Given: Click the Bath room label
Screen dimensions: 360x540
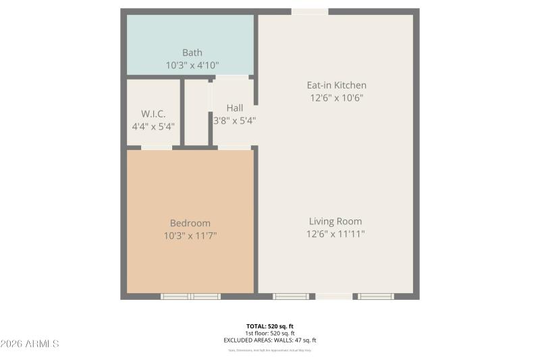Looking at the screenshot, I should [x=192, y=53].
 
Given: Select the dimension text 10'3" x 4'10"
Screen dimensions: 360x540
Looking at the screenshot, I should [x=192, y=66].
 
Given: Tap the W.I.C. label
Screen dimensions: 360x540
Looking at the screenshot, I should [x=153, y=113].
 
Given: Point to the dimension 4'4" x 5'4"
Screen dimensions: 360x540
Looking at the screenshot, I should [x=153, y=126].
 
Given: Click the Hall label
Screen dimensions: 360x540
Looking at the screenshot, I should [x=235, y=108].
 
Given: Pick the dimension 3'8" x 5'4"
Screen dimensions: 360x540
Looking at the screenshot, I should [x=235, y=121].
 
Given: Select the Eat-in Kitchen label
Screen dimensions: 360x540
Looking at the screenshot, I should [x=336, y=85].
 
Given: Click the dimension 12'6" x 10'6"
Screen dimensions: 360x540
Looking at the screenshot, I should [x=336, y=98].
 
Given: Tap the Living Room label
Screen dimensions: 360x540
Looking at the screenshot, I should [x=335, y=222].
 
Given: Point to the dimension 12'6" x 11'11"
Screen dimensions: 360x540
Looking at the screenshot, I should [x=335, y=234].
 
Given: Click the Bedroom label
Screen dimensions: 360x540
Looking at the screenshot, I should [x=190, y=223].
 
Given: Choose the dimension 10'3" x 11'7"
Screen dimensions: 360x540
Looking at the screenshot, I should [x=190, y=236].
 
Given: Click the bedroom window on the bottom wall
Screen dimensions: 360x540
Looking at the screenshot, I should [x=190, y=296].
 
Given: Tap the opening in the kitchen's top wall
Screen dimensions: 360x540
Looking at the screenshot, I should [x=310, y=11].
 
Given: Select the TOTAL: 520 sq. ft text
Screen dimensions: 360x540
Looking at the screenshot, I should [x=269, y=326].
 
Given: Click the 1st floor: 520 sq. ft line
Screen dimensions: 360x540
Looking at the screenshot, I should [x=269, y=334].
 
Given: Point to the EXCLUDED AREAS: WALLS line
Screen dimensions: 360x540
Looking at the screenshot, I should [x=269, y=340].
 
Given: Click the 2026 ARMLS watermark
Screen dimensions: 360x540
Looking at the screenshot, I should [x=30, y=344].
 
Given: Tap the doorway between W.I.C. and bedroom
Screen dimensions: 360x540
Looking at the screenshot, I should [x=157, y=147].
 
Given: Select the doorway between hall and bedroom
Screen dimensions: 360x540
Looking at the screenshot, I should [x=234, y=147].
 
